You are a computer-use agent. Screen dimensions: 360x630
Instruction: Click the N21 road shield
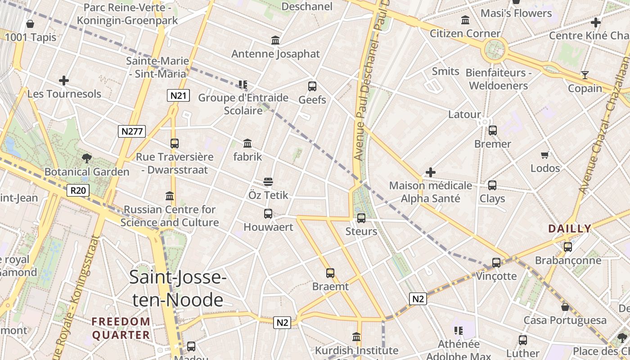pyautogui.click(x=178, y=95)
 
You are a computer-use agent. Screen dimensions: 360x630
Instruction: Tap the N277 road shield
pyautogui.click(x=132, y=131)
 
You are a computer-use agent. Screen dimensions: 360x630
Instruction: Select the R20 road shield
pyautogui.click(x=78, y=190)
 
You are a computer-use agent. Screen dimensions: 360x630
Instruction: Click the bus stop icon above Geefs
pyautogui.click(x=312, y=86)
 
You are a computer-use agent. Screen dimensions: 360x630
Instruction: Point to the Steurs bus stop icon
pyautogui.click(x=361, y=218)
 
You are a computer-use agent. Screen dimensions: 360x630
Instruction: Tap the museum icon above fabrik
pyautogui.click(x=247, y=144)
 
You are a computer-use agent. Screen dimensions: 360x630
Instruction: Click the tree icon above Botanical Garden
pyautogui.click(x=87, y=158)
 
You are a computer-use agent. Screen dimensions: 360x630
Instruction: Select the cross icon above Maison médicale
pyautogui.click(x=431, y=172)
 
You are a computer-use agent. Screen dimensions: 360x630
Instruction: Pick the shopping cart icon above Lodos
pyautogui.click(x=545, y=155)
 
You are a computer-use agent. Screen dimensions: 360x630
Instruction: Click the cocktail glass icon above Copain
pyautogui.click(x=585, y=75)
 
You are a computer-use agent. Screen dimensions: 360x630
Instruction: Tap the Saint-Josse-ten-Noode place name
pyautogui.click(x=178, y=288)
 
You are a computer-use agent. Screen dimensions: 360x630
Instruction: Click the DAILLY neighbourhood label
pyautogui.click(x=570, y=229)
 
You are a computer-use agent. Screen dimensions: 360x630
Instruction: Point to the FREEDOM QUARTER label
pyautogui.click(x=121, y=328)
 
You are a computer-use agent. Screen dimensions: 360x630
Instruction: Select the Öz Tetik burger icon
pyautogui.click(x=268, y=182)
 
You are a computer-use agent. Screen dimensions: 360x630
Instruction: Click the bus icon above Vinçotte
pyautogui.click(x=496, y=263)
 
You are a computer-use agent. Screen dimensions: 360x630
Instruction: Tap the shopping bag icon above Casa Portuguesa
pyautogui.click(x=565, y=307)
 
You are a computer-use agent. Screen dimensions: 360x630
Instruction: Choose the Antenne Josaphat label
pyautogui.click(x=275, y=54)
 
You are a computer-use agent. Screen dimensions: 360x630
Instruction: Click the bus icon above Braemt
pyautogui.click(x=330, y=273)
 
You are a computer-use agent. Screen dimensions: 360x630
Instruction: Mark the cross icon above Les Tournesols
pyautogui.click(x=64, y=81)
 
